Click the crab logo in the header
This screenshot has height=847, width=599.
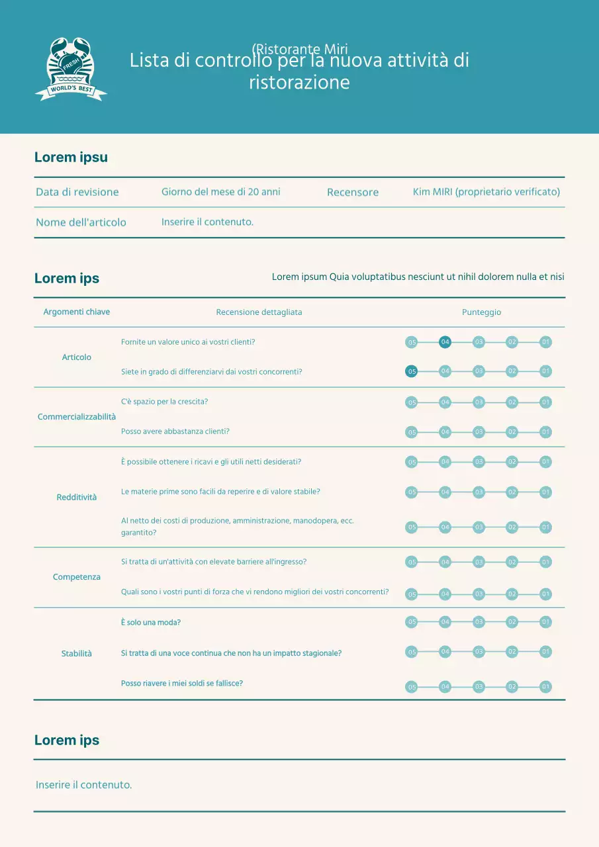(71, 69)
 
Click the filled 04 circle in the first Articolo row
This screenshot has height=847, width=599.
(445, 342)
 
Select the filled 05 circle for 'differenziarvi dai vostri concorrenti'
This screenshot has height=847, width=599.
(411, 371)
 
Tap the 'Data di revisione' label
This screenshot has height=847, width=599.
(77, 192)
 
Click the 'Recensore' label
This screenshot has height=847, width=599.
(353, 193)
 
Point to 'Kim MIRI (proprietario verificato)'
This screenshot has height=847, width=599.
(486, 192)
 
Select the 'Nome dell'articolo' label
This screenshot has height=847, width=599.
(81, 222)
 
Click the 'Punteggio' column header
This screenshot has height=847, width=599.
(481, 312)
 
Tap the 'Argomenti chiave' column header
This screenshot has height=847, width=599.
(77, 312)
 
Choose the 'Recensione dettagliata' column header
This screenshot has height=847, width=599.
(259, 312)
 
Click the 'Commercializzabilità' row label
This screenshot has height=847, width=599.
(77, 417)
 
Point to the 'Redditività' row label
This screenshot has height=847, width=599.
(77, 497)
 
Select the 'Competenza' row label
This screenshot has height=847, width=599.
(77, 577)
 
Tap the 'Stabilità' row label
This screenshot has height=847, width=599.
(77, 654)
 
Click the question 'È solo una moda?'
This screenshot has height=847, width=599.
(151, 623)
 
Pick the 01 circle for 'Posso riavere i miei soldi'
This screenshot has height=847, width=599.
(545, 686)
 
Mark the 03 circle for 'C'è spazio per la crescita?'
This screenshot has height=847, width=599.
(479, 402)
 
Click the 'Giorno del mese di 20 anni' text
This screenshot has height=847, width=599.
(221, 192)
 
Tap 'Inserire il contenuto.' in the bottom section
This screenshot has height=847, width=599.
(84, 785)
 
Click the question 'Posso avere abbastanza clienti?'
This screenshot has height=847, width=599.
(175, 431)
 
